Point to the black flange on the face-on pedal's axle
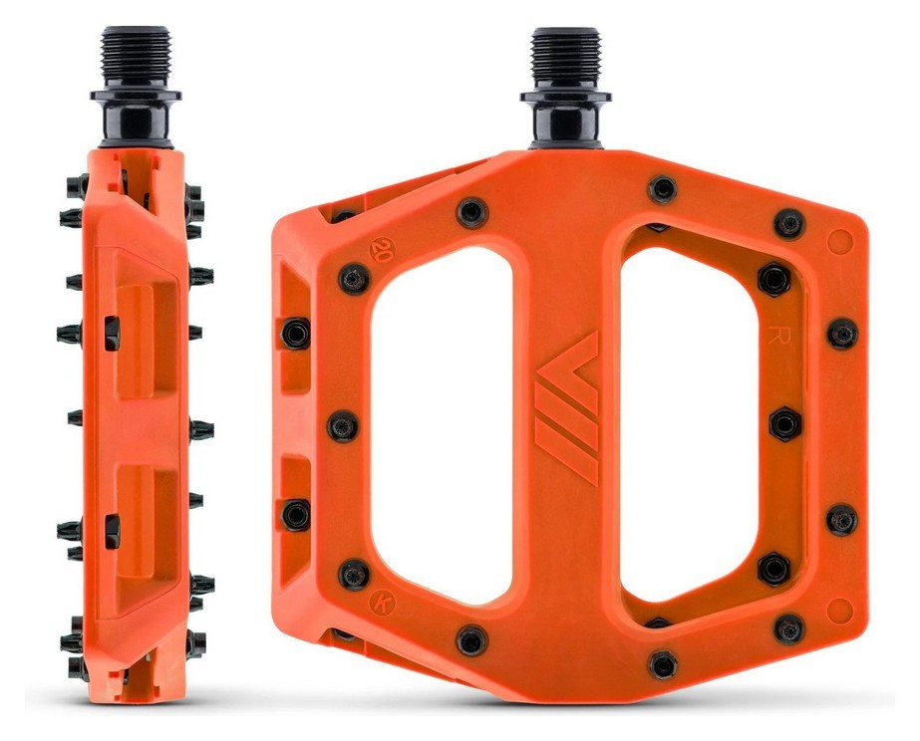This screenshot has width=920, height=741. (x=564, y=97)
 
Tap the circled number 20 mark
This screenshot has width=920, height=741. (x=379, y=250)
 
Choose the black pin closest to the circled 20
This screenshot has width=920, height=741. (x=354, y=279)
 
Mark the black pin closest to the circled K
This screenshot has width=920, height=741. (x=354, y=573)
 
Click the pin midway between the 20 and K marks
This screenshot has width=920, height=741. (x=342, y=423)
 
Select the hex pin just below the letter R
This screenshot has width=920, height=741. (x=783, y=423)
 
